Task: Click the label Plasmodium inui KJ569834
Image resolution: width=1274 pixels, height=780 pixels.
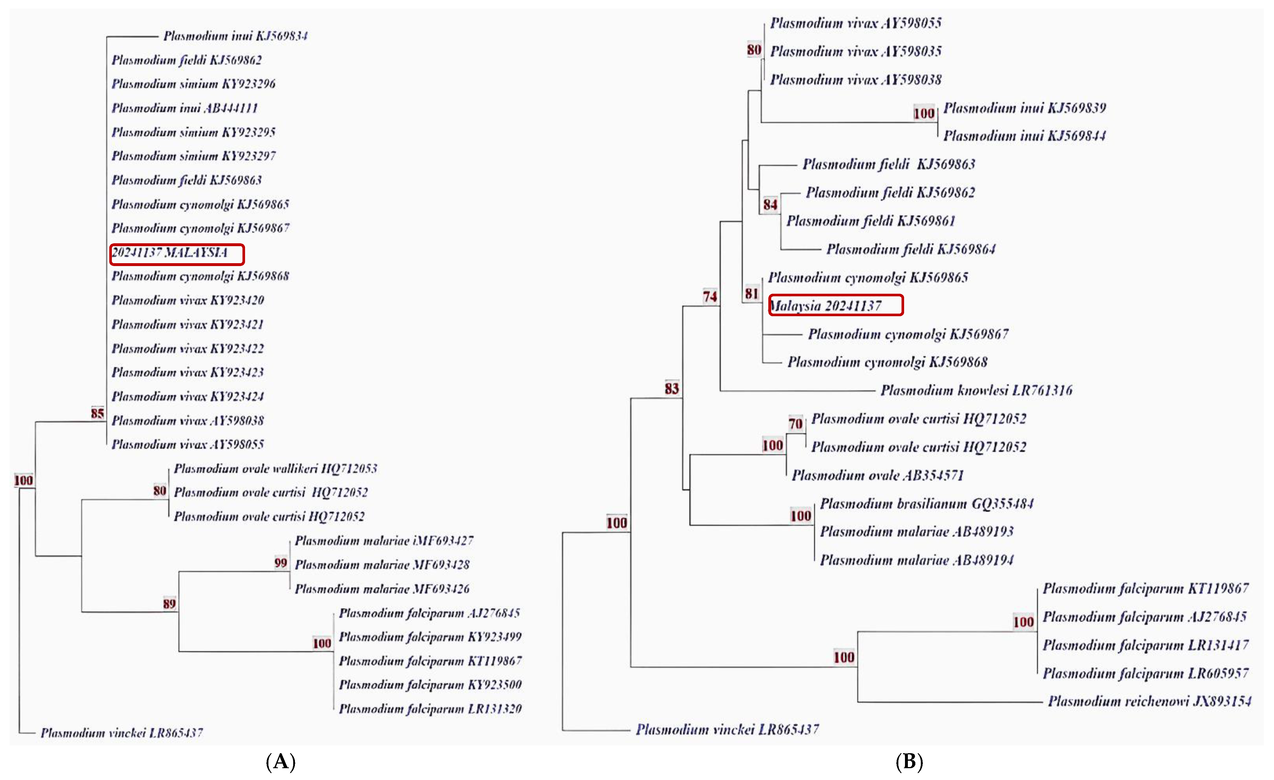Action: (x=235, y=36)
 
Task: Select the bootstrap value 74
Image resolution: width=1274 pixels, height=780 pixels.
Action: (x=710, y=296)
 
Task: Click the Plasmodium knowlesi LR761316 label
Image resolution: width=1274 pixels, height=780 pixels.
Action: (x=976, y=390)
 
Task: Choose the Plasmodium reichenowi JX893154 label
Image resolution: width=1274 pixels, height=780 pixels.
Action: (x=1149, y=701)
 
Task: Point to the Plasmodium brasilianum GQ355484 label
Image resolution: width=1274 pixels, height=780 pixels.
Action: (x=927, y=504)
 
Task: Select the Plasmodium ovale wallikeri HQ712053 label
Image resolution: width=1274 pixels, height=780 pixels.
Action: (x=275, y=468)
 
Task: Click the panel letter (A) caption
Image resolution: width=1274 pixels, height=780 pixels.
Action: (x=280, y=761)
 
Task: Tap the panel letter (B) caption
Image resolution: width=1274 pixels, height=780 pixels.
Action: (x=909, y=761)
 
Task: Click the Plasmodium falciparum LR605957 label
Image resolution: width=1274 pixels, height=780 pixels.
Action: (x=1145, y=673)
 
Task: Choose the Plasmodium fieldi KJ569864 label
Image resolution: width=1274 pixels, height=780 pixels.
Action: (x=910, y=249)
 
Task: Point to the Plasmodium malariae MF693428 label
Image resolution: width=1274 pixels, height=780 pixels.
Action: (x=382, y=564)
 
